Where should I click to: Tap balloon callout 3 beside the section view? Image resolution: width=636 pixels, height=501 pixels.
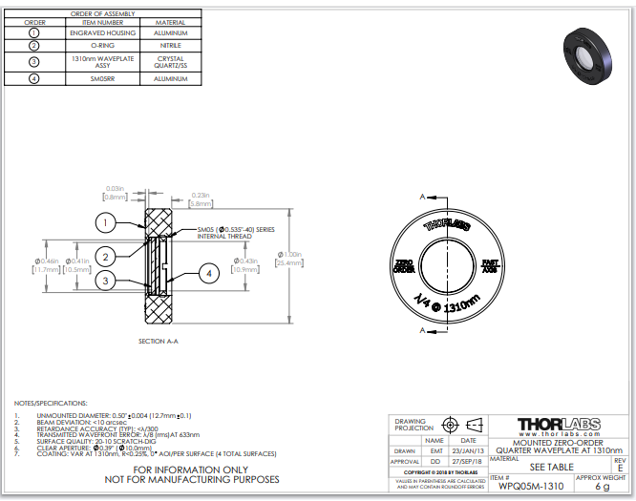106,281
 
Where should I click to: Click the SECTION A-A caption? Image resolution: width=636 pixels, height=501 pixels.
159,341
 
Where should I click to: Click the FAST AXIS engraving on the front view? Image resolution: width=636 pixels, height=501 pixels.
488,265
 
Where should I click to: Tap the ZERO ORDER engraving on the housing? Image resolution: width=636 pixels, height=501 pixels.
404,265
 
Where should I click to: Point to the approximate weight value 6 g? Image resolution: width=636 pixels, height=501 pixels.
602,487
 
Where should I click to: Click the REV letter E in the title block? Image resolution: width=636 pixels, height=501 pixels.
620,467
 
